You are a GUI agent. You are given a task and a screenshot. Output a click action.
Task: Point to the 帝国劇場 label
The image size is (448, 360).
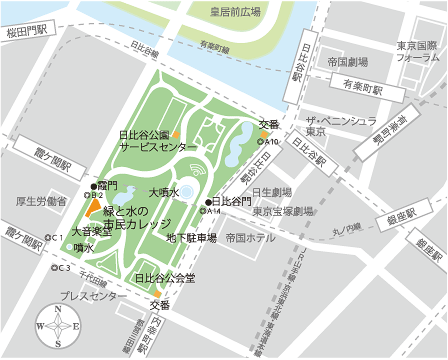point(349,62)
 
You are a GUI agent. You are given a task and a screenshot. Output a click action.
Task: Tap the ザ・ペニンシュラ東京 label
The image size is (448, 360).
point(341,125)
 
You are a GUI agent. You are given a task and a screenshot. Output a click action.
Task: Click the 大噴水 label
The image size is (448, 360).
point(163,191)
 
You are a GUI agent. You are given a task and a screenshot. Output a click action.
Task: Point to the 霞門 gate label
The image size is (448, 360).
point(107,185)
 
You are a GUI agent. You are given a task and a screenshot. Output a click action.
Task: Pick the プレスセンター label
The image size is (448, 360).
point(88,296)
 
